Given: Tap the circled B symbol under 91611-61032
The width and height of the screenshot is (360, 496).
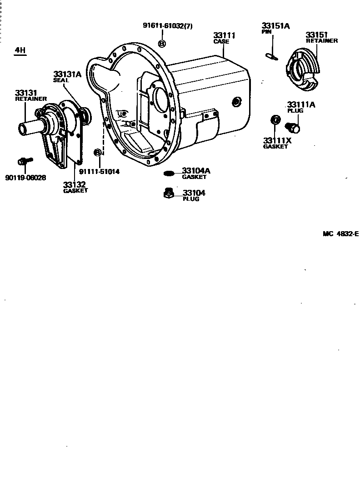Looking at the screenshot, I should (162, 43).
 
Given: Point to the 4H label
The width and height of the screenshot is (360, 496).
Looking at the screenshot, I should (20, 51).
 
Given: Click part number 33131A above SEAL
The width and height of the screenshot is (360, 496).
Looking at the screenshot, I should (67, 74).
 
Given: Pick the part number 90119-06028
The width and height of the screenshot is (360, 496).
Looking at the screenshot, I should (25, 178).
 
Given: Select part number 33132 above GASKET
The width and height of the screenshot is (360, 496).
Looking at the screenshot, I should (74, 184).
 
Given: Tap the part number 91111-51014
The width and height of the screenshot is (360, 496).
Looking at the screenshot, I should (99, 172).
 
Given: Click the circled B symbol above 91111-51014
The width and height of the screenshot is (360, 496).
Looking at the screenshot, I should (97, 152).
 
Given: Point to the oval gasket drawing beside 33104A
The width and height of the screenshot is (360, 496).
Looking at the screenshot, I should (169, 173).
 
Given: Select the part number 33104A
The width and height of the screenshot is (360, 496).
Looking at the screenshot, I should (196, 171).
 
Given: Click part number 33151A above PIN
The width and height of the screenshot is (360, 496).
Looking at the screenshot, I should (275, 26).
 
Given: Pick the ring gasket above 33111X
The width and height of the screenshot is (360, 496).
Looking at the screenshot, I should (275, 120).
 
